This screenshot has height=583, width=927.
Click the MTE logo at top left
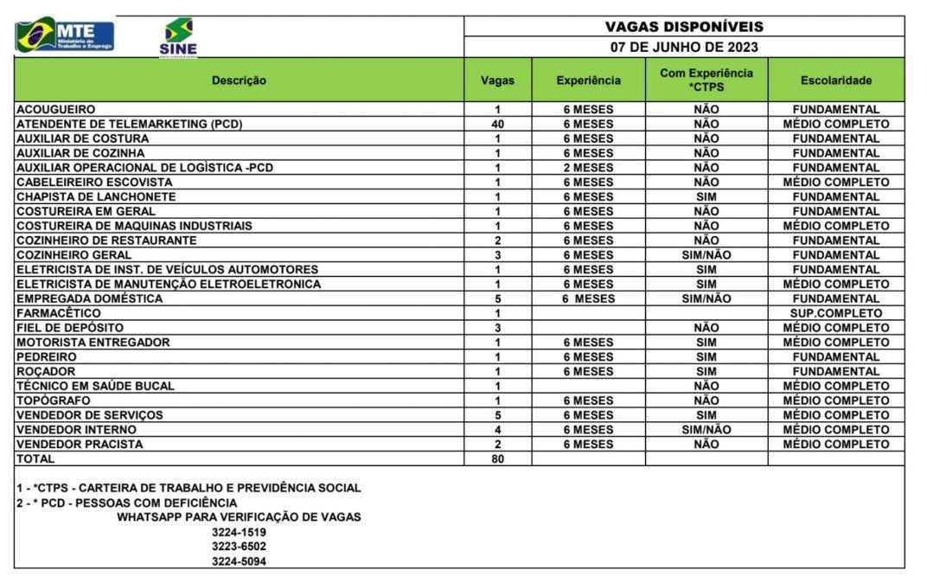pyautogui.click(x=65, y=35)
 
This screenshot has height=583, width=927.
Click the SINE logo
pyautogui.click(x=178, y=37)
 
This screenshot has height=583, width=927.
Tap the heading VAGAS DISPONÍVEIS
pyautogui.click(x=683, y=27)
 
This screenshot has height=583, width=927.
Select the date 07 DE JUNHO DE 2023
pyautogui.click(x=683, y=48)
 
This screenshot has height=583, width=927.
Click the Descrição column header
pyautogui.click(x=239, y=80)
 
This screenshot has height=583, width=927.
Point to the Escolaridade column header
pyautogui.click(x=835, y=80)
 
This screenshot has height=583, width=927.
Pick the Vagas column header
pyautogui.click(x=497, y=80)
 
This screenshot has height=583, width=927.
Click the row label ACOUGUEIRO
pyautogui.click(x=55, y=110)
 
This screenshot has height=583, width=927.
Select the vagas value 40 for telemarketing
pyautogui.click(x=497, y=125)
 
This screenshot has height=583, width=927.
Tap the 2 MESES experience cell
pyautogui.click(x=588, y=168)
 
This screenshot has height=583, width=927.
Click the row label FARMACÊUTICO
pyautogui.click(x=58, y=313)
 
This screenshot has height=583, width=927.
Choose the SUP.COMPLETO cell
pyautogui.click(x=835, y=313)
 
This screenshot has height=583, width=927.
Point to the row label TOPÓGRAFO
pyautogui.click(x=53, y=400)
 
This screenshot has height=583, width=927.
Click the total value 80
pyautogui.click(x=497, y=459)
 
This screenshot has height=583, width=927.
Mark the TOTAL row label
pyautogui.click(x=35, y=459)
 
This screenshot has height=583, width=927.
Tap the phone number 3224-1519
pyautogui.click(x=239, y=532)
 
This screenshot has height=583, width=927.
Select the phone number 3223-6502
pyautogui.click(x=239, y=547)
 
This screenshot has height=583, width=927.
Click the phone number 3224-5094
pyautogui.click(x=239, y=561)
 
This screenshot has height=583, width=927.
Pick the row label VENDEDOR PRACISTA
pyautogui.click(x=80, y=445)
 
